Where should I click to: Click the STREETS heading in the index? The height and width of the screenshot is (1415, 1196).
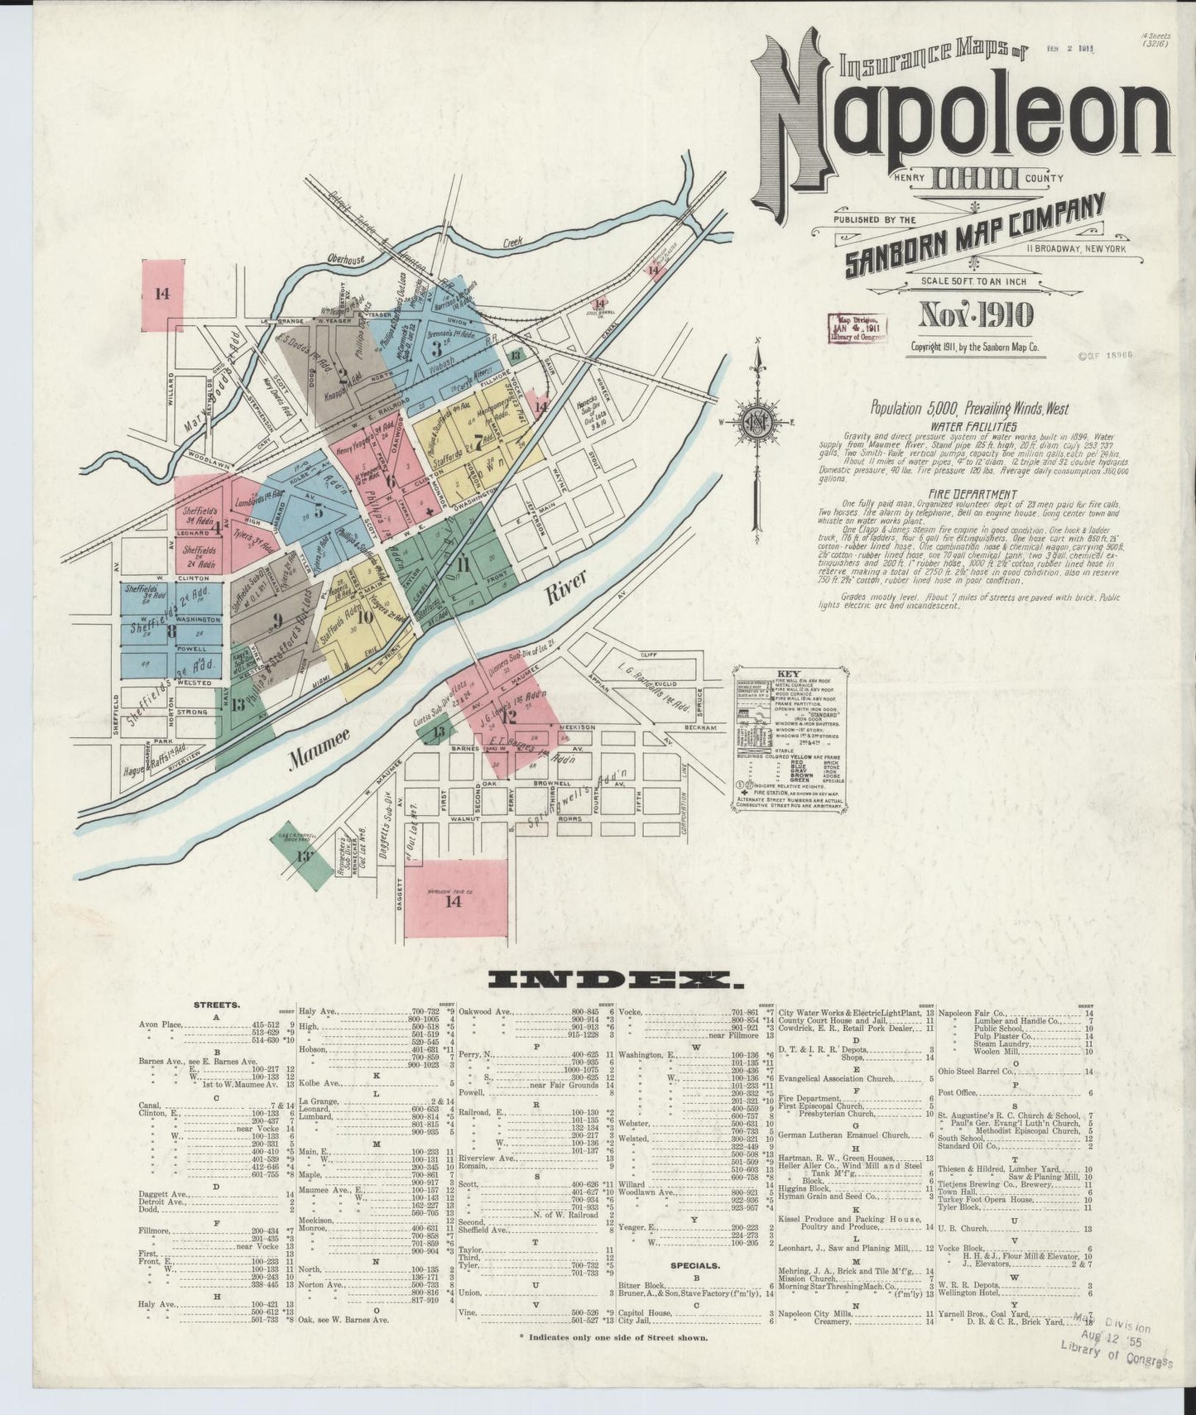pyautogui.click(x=217, y=1005)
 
